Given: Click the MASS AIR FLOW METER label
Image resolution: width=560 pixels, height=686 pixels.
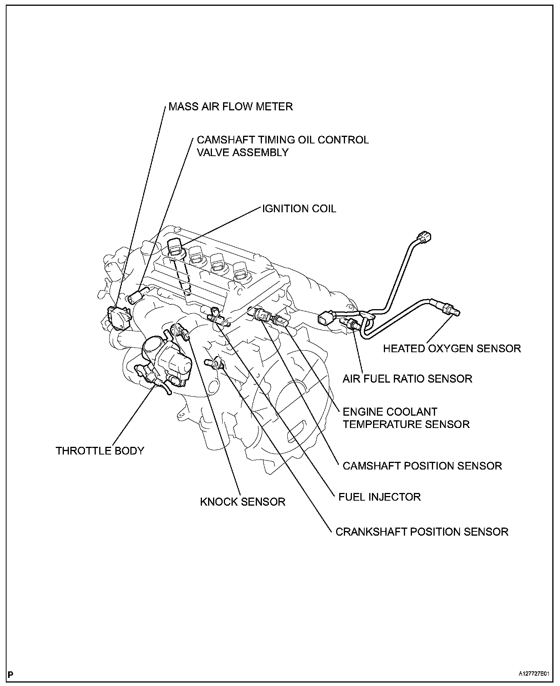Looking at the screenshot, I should (x=230, y=106).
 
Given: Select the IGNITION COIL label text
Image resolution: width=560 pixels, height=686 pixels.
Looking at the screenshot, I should (x=299, y=209).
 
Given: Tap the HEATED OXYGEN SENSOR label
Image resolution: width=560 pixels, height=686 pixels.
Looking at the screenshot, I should (x=452, y=348).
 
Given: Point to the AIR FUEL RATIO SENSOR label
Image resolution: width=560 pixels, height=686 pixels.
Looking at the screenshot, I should (x=407, y=379).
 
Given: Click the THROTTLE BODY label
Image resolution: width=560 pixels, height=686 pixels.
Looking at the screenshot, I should (x=100, y=451).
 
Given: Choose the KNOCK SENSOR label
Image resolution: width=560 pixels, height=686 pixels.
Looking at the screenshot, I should (x=243, y=502).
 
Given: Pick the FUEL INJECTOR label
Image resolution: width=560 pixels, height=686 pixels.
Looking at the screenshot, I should (x=379, y=497).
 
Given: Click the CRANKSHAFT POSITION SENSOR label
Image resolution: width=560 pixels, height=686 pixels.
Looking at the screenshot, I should (x=422, y=532).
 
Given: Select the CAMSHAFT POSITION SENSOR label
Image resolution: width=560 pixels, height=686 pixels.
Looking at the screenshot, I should (x=422, y=466).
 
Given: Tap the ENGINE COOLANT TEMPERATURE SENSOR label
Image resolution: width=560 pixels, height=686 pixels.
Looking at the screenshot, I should (x=406, y=418).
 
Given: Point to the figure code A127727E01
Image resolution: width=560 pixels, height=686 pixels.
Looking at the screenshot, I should (x=533, y=674).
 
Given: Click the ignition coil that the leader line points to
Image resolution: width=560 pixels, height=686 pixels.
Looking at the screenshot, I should (x=175, y=248).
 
